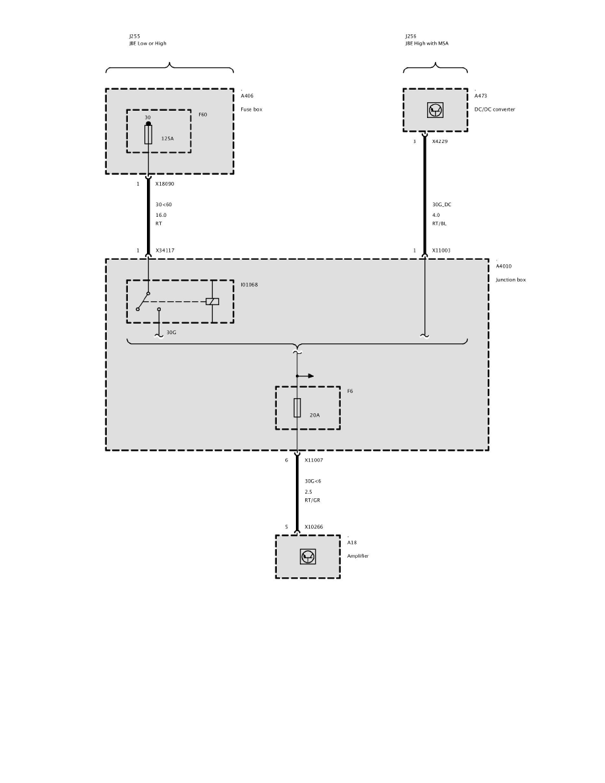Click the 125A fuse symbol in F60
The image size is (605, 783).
click(x=148, y=134)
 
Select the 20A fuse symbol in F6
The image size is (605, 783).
click(x=297, y=408)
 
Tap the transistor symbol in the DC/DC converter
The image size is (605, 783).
click(x=435, y=110)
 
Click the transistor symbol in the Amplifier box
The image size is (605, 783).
click(x=308, y=556)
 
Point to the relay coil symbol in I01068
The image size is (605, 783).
click(x=212, y=301)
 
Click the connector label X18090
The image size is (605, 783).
click(x=165, y=184)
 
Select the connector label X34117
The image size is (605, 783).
click(x=165, y=250)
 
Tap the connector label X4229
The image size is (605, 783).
click(x=440, y=142)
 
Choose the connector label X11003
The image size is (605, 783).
click(x=442, y=250)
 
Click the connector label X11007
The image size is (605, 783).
click(x=314, y=460)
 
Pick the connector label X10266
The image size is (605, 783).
click(x=314, y=527)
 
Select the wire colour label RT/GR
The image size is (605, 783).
click(x=312, y=500)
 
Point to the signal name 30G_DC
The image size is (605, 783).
click(x=442, y=204)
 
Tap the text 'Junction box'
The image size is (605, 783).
click(x=511, y=279)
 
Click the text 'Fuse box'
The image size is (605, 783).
click(x=251, y=109)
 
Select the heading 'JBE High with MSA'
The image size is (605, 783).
click(x=426, y=43)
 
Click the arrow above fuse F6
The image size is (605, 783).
click(x=306, y=376)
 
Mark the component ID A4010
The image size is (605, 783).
click(x=504, y=266)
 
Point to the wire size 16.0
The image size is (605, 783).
click(x=161, y=214)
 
